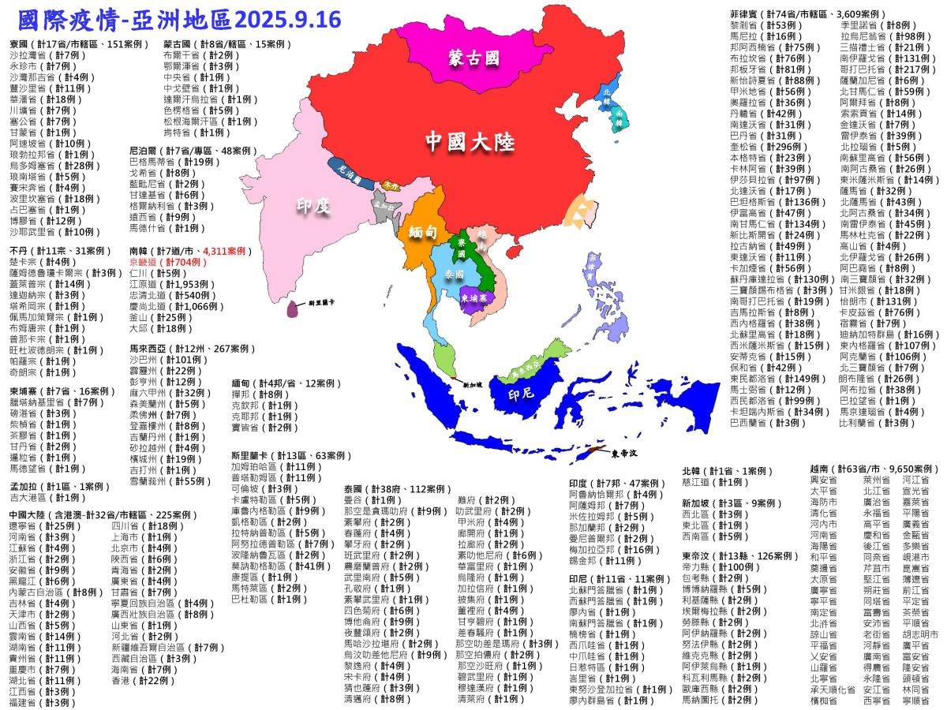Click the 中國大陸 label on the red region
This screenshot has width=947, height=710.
click(x=470, y=141)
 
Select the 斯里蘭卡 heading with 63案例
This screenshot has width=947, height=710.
click(x=276, y=455)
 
